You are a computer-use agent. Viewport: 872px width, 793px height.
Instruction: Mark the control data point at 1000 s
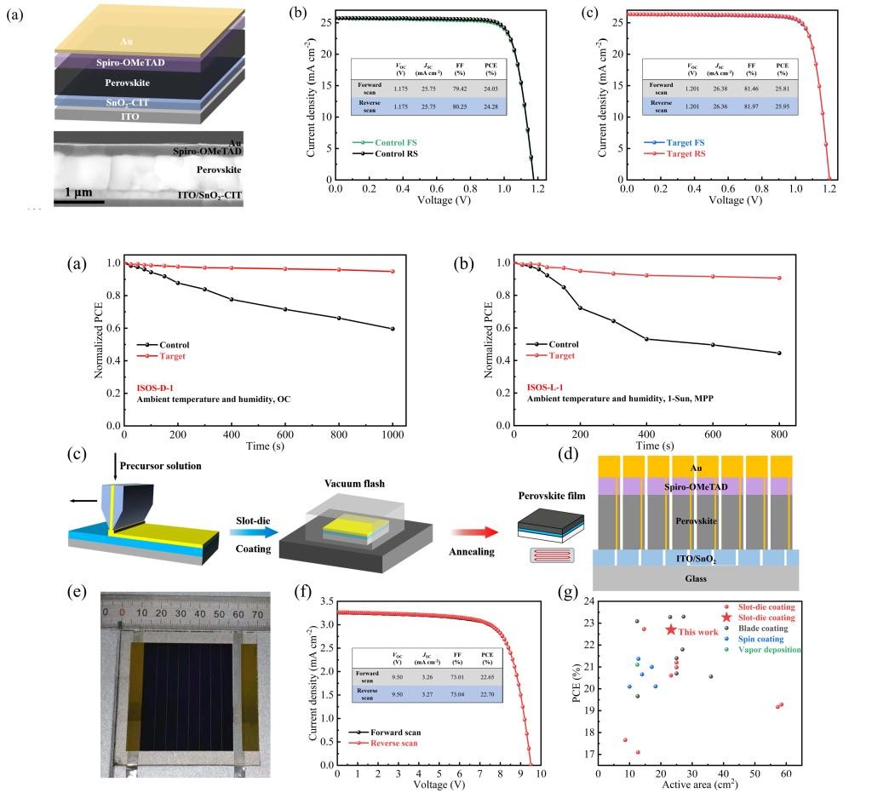(393, 329)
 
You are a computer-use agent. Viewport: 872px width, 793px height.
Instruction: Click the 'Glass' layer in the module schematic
(697, 578)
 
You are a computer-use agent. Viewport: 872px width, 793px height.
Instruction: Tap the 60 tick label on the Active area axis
(785, 773)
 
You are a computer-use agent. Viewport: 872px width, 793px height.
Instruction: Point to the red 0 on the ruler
(122, 613)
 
